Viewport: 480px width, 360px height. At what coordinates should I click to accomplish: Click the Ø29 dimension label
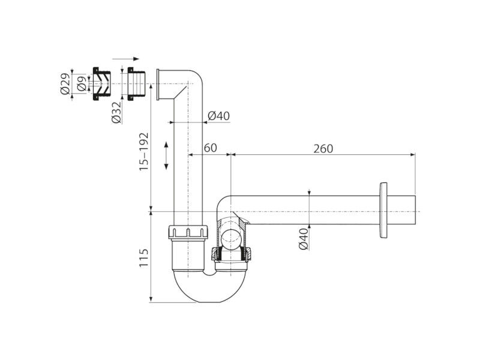[x=65, y=83]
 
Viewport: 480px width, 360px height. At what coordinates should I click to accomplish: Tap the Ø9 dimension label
[x=82, y=83]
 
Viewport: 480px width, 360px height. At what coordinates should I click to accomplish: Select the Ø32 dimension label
[x=116, y=113]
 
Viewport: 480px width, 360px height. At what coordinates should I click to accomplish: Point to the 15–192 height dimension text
[x=143, y=151]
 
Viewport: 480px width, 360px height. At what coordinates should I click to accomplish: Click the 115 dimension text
[x=143, y=258]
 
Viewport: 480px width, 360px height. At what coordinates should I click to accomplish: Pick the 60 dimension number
[x=211, y=148]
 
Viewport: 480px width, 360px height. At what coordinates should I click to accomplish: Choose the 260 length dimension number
[x=323, y=148]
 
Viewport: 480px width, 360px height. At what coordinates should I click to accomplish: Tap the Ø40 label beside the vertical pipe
[x=218, y=116]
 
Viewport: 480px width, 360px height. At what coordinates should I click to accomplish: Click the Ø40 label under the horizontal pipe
[x=304, y=239]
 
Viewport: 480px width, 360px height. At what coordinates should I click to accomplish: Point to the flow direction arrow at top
[x=126, y=59]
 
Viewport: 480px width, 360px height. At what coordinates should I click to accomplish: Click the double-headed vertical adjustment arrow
[x=166, y=155]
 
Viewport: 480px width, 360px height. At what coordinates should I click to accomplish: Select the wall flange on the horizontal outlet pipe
[x=383, y=210]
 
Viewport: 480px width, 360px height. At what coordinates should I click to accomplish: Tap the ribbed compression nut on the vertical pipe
[x=188, y=232]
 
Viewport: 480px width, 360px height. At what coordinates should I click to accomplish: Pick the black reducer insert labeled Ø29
[x=101, y=83]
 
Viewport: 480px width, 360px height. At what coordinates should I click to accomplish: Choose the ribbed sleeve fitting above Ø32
[x=136, y=83]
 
